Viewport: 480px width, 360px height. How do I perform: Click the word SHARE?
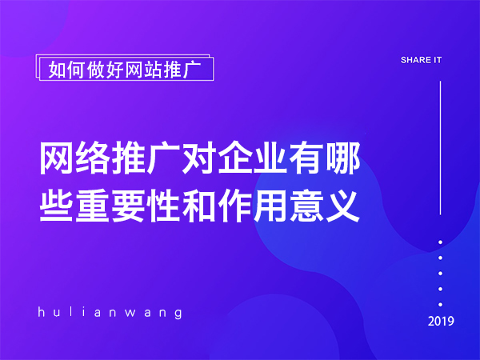[414, 60]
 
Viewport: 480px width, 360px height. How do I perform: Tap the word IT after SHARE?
[437, 60]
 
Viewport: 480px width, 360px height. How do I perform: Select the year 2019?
[441, 322]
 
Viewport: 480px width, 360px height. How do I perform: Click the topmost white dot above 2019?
[441, 242]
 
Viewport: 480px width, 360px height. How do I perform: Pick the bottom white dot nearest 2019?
[441, 304]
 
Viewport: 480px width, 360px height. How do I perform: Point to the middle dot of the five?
[441, 273]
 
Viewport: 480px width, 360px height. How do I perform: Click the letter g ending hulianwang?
[178, 313]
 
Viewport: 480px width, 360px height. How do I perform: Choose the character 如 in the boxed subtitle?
[57, 70]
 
